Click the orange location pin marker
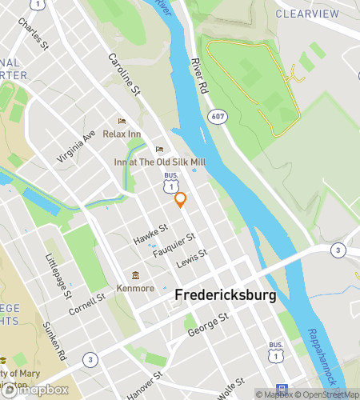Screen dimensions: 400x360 point(181,200)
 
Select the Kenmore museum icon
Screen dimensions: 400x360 point(134,276)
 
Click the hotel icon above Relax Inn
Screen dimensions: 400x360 point(122,121)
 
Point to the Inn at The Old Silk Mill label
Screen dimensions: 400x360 point(160,162)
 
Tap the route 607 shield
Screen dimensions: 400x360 point(217,117)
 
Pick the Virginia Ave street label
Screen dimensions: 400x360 point(77,146)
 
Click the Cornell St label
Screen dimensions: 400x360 point(87,305)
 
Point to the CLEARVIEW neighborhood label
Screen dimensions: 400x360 point(308,14)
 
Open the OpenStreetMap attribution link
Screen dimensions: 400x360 point(326,394)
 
